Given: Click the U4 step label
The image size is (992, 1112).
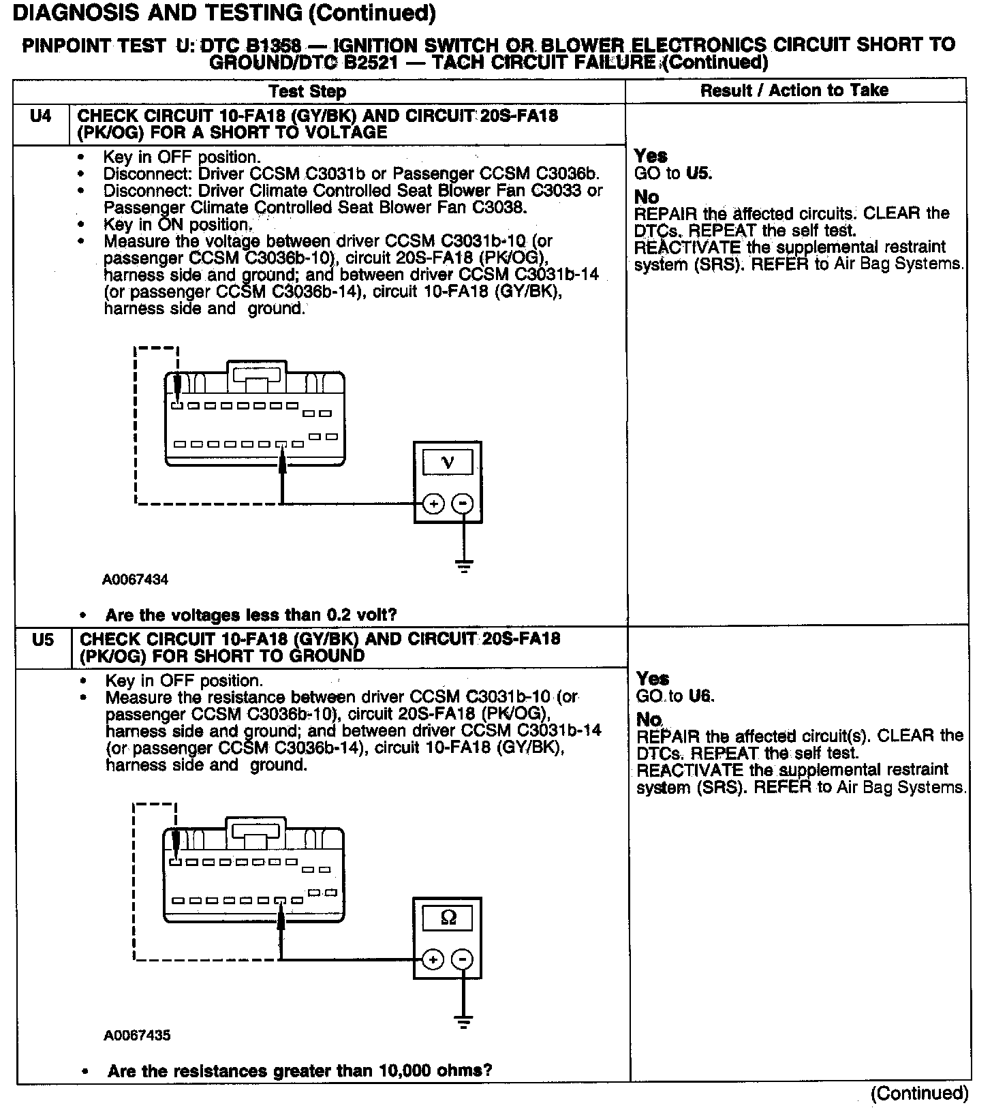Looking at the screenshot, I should [41, 117].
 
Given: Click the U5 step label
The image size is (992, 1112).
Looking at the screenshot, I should [43, 640].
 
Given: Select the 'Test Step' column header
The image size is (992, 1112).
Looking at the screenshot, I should [307, 91].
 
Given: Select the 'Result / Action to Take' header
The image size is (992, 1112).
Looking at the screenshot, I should [794, 91].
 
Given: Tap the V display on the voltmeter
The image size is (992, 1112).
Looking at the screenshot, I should [448, 463].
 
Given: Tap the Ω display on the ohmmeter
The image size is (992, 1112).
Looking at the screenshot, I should [448, 918].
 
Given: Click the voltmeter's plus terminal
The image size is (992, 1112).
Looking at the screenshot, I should [433, 504].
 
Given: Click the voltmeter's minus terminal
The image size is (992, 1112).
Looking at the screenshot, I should [463, 504].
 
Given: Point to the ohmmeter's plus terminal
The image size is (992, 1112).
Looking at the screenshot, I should [433, 959].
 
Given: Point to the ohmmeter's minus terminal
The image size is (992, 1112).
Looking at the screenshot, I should [463, 959].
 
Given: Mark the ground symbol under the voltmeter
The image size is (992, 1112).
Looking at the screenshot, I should [464, 566].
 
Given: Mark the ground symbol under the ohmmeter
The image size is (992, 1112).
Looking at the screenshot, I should [463, 1021].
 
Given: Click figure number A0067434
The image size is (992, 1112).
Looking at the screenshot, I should [136, 580].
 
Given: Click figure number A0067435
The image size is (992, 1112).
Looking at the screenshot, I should [137, 1036].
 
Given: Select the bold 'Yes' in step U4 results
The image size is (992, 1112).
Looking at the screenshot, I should [651, 156].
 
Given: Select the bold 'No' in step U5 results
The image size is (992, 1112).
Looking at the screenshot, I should [649, 720].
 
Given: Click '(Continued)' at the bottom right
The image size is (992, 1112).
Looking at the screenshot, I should [919, 1094].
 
